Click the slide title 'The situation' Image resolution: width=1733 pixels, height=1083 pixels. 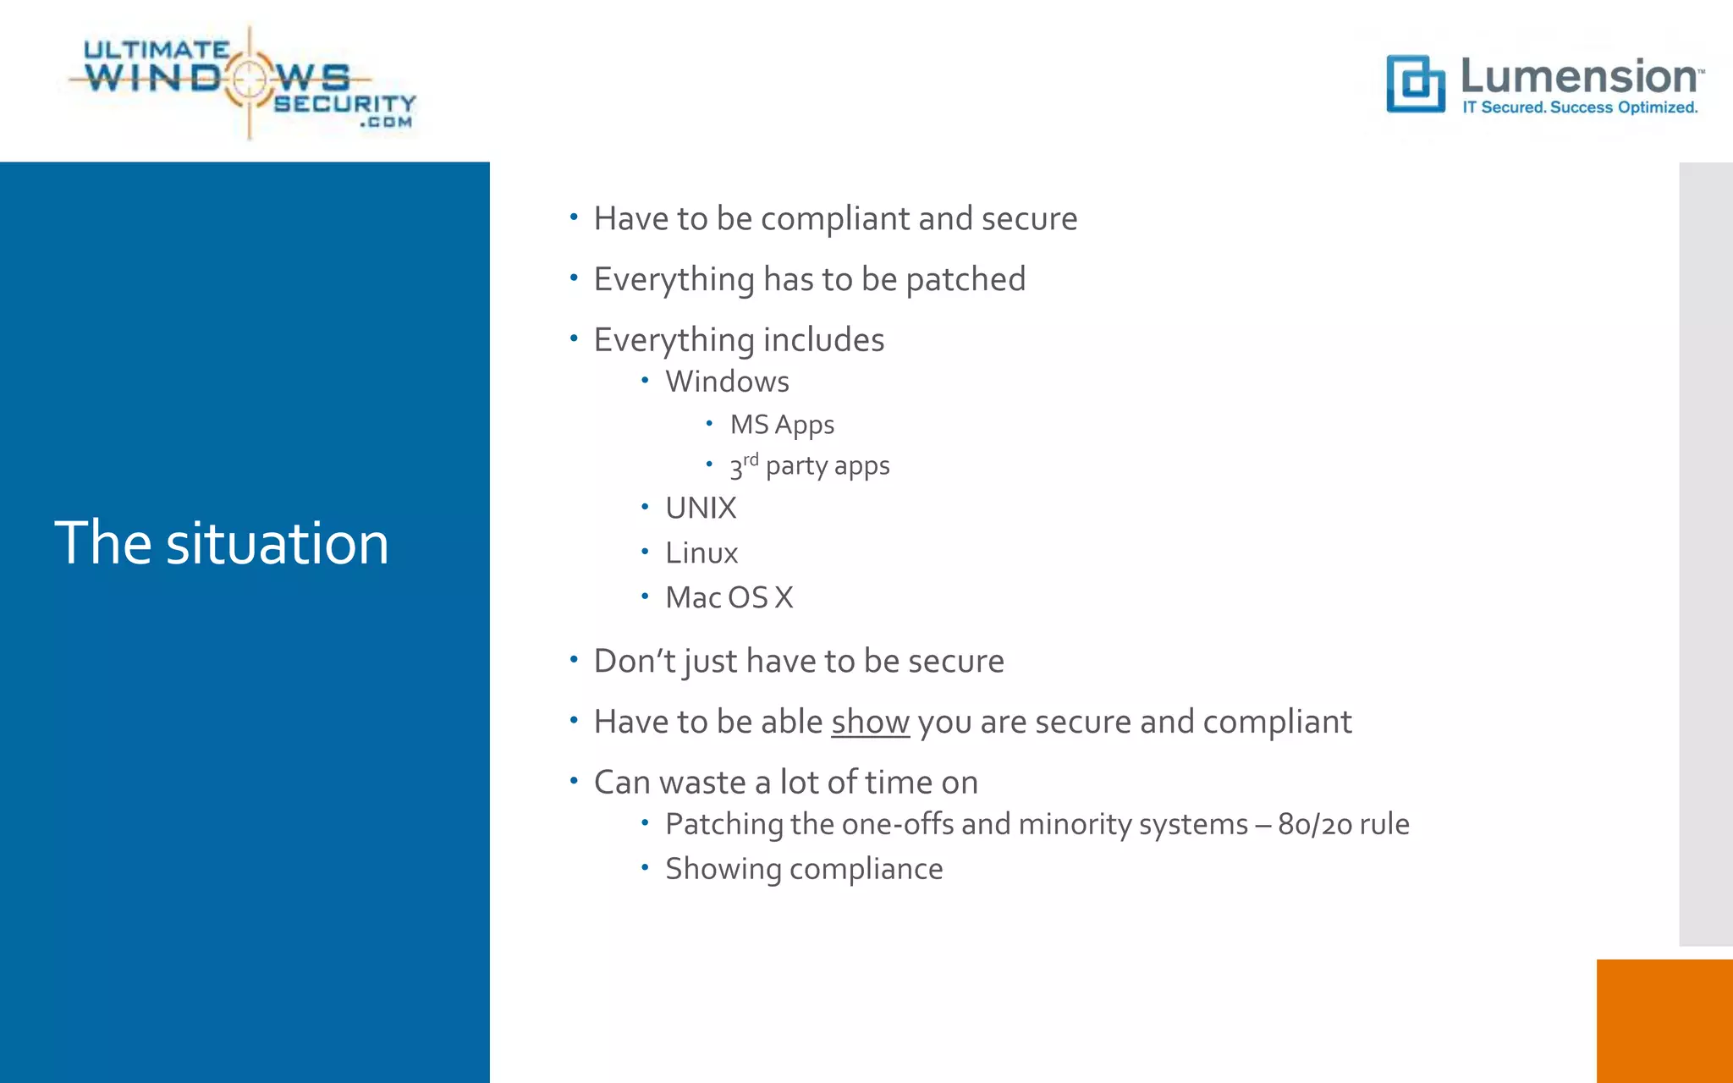coord(222,543)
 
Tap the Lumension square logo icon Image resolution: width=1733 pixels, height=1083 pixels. coord(1415,83)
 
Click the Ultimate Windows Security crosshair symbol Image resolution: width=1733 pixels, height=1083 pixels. coord(249,80)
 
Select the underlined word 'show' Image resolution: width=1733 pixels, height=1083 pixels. coord(870,722)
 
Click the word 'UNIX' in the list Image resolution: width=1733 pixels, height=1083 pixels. coord(701,509)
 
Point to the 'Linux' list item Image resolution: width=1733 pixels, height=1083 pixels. coord(701,553)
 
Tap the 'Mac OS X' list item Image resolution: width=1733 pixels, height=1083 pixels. coord(729,597)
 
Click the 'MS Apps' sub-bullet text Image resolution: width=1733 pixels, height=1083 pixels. coord(782,425)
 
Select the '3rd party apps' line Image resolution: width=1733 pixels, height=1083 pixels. coord(810,466)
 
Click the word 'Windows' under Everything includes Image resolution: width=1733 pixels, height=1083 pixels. coord(727,382)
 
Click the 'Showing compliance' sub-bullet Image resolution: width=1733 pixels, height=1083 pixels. coord(804,869)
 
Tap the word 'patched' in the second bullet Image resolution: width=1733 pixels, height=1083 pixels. coord(966,280)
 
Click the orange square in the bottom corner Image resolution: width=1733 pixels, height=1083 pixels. coord(1664,1020)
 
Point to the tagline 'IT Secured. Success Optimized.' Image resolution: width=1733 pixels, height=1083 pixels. coord(1580,107)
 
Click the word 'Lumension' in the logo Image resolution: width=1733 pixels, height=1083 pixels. coord(1579,76)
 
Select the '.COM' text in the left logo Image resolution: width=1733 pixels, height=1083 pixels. coord(386,123)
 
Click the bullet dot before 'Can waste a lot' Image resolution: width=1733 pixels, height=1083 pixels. coord(574,781)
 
